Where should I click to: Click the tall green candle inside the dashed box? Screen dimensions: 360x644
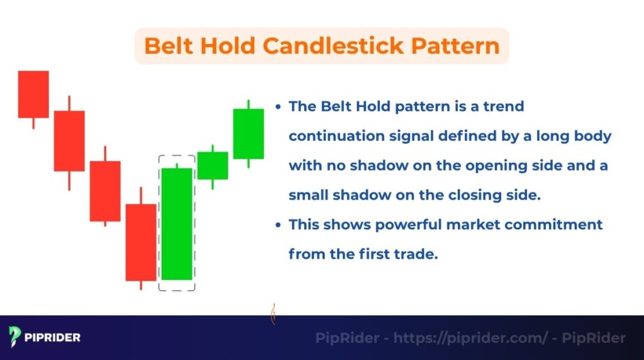(x=177, y=223)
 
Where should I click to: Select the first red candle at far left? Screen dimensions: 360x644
(x=33, y=94)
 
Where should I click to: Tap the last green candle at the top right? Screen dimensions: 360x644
(x=248, y=133)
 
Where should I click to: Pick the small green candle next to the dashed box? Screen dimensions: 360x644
(x=213, y=166)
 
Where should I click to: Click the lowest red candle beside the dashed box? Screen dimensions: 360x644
(x=141, y=242)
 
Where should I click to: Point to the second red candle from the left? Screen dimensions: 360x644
(x=69, y=141)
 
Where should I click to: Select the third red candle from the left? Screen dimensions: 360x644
(x=105, y=191)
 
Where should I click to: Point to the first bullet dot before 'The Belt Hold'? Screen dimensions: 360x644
(x=278, y=107)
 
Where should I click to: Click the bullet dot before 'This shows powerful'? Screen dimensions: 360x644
(x=278, y=225)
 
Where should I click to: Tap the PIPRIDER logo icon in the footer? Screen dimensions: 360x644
(x=16, y=337)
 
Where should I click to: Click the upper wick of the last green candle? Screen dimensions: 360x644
(x=248, y=104)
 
